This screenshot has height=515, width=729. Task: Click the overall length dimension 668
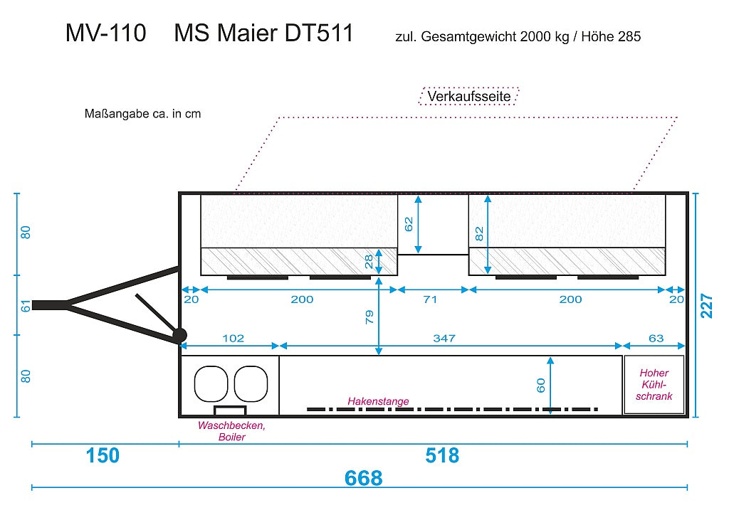tap(363, 478)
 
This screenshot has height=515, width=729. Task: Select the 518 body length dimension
tap(441, 455)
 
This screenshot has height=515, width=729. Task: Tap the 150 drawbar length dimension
tap(103, 455)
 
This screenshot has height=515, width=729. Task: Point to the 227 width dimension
tap(706, 305)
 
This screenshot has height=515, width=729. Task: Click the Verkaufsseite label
tap(468, 96)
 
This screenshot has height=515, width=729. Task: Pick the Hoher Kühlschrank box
tap(654, 385)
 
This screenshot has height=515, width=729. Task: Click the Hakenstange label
tap(378, 400)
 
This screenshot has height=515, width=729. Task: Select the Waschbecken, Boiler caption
tap(231, 431)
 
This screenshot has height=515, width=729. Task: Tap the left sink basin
tap(211, 383)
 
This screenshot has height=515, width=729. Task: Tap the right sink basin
tap(251, 383)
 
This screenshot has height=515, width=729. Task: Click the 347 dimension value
tap(444, 338)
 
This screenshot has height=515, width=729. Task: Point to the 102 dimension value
tap(233, 338)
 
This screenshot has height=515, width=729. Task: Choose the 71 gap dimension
tap(431, 299)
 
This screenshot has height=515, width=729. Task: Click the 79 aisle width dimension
tap(369, 317)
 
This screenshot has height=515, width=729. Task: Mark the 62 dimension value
tap(409, 224)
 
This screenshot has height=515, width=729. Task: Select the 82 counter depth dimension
tap(479, 233)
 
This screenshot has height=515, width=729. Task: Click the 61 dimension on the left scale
tap(26, 306)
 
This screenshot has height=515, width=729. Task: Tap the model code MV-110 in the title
tap(106, 33)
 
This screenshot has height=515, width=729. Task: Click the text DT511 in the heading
tap(319, 33)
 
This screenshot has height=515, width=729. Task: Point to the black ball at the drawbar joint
tap(179, 335)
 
